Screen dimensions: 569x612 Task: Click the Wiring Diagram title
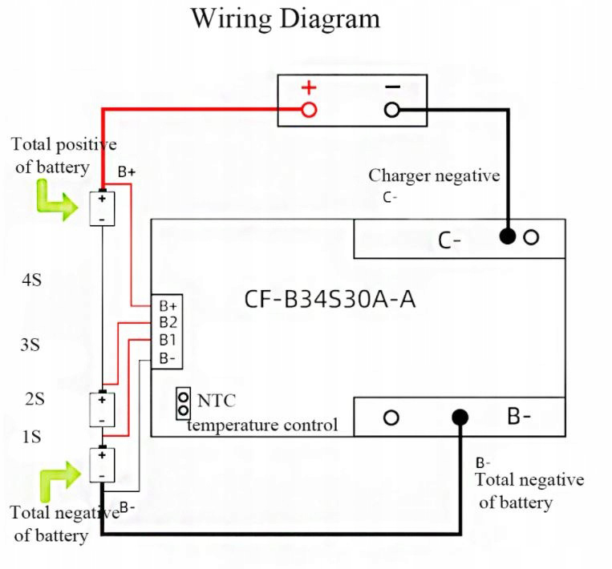pyautogui.click(x=285, y=18)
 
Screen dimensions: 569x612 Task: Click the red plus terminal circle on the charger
pyautogui.click(x=309, y=110)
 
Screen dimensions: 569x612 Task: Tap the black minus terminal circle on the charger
pyautogui.click(x=391, y=110)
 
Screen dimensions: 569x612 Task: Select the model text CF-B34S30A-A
pyautogui.click(x=330, y=301)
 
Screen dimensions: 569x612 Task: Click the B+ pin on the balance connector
pyautogui.click(x=168, y=306)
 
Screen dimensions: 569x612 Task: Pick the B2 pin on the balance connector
pyautogui.click(x=168, y=323)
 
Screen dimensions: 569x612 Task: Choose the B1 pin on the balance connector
pyautogui.click(x=168, y=341)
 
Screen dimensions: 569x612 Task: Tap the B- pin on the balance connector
pyautogui.click(x=168, y=358)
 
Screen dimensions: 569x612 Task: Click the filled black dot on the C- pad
pyautogui.click(x=507, y=237)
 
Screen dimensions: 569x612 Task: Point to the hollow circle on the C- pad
pyautogui.click(x=531, y=237)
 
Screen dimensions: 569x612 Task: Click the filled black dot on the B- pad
pyautogui.click(x=460, y=418)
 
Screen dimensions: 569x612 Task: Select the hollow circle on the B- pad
pyautogui.click(x=391, y=418)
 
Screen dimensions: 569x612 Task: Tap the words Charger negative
pyautogui.click(x=433, y=176)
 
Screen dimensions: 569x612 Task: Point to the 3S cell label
pyautogui.click(x=30, y=345)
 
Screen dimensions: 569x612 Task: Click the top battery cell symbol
pyautogui.click(x=103, y=208)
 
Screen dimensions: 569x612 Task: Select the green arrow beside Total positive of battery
pyautogui.click(x=55, y=202)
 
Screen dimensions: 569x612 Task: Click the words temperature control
pyautogui.click(x=262, y=425)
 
